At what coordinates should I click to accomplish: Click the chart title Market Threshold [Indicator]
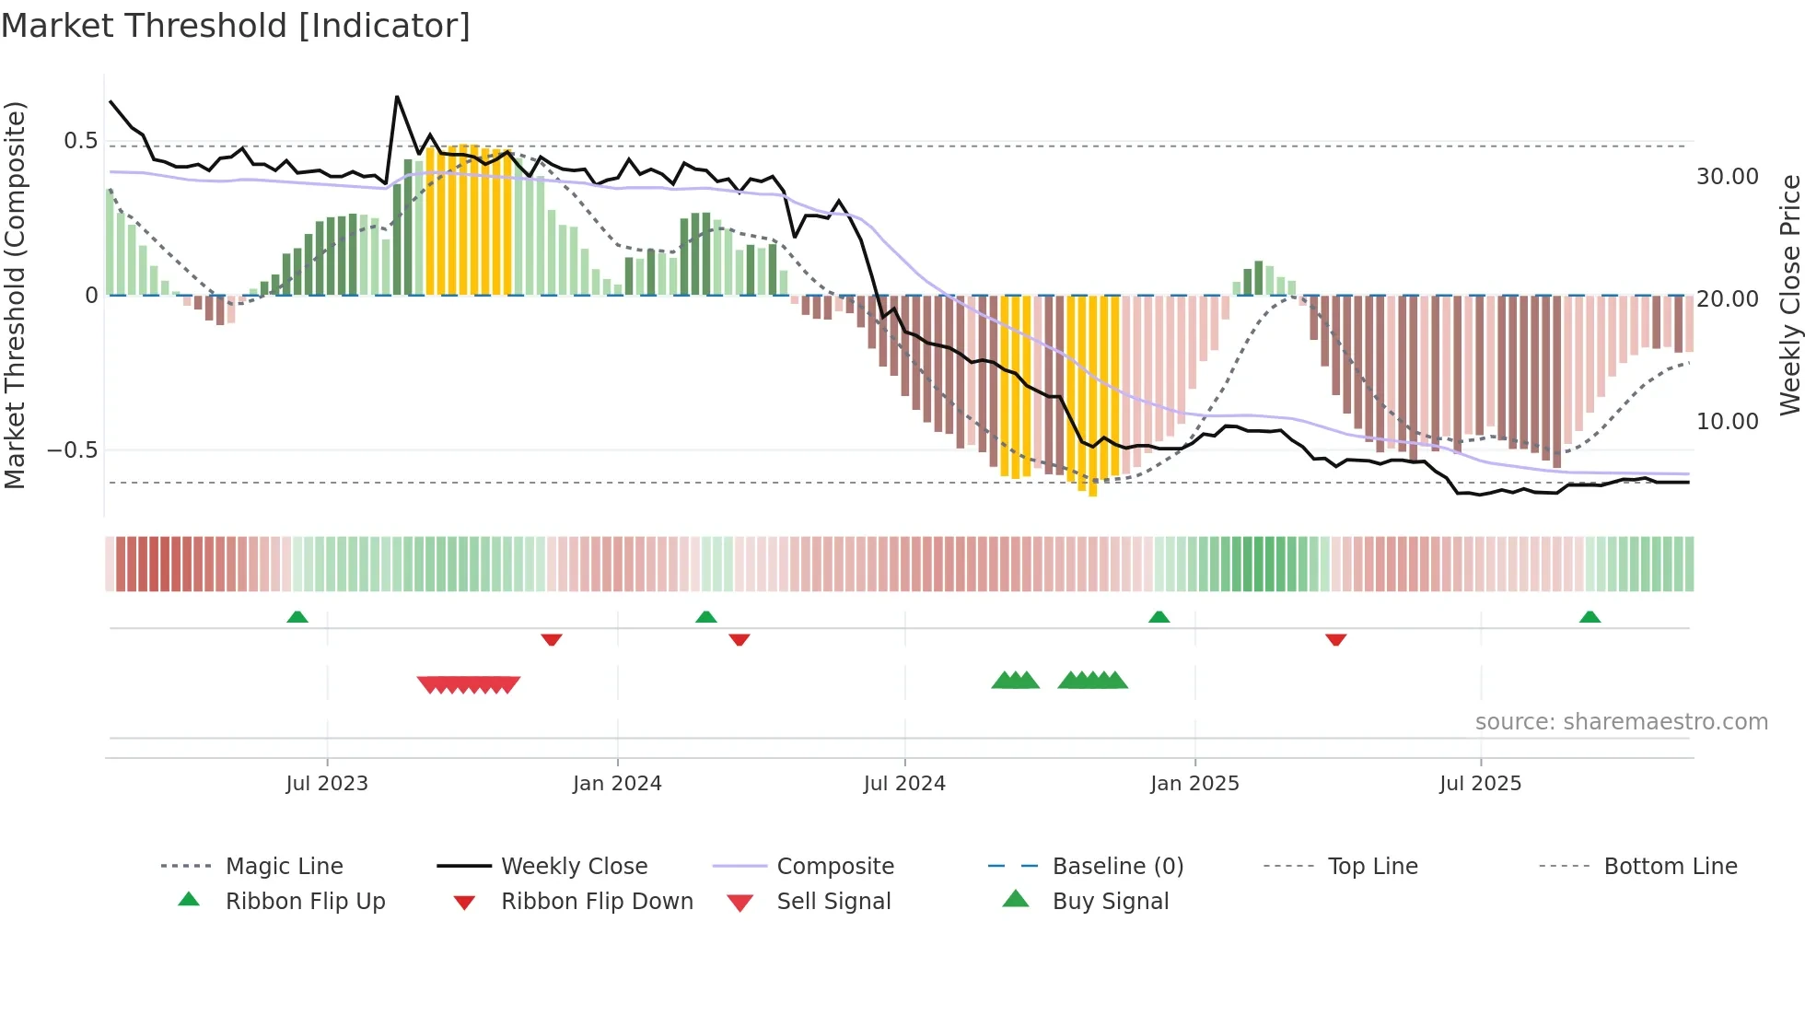point(236,26)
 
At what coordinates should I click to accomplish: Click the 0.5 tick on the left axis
point(80,141)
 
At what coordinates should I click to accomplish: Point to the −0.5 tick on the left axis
point(73,450)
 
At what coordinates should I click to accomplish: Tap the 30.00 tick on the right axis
point(1727,177)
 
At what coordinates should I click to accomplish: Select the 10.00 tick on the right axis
point(1727,422)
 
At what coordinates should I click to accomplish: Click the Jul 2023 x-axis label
point(327,784)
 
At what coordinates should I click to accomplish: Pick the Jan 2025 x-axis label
point(1194,784)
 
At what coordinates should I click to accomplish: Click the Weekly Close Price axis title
point(1789,295)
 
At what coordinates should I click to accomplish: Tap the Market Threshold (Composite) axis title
point(16,295)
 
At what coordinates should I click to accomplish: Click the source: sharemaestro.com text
point(1621,722)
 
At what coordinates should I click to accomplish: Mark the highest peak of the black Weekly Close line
point(397,97)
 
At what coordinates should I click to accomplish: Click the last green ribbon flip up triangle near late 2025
point(1590,617)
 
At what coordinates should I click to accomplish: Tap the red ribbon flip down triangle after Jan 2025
point(1335,639)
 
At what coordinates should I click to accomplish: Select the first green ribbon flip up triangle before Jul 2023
point(297,617)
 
